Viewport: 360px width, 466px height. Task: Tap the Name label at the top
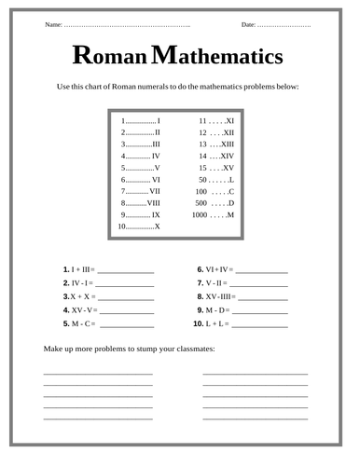coord(54,23)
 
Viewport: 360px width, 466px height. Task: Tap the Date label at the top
coord(248,23)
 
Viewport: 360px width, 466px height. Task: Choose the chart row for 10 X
coord(140,226)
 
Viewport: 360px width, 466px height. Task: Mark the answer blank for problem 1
coord(125,270)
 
